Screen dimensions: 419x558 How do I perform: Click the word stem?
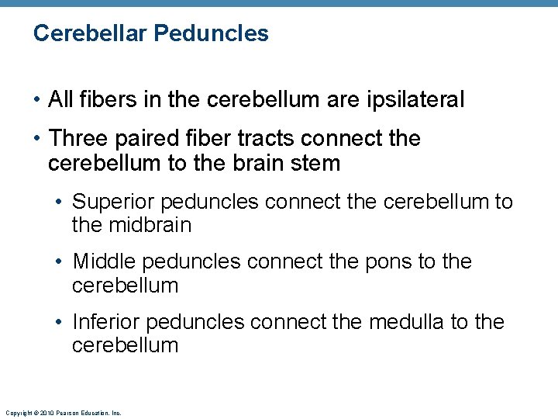[x=316, y=163]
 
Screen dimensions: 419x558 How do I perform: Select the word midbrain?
[x=151, y=226]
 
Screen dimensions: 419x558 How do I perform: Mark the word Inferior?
[x=107, y=322]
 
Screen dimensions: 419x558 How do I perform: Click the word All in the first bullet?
[x=60, y=99]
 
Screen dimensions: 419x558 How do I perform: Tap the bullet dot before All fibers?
[x=36, y=100]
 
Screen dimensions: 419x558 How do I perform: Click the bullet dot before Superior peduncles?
[x=60, y=203]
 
